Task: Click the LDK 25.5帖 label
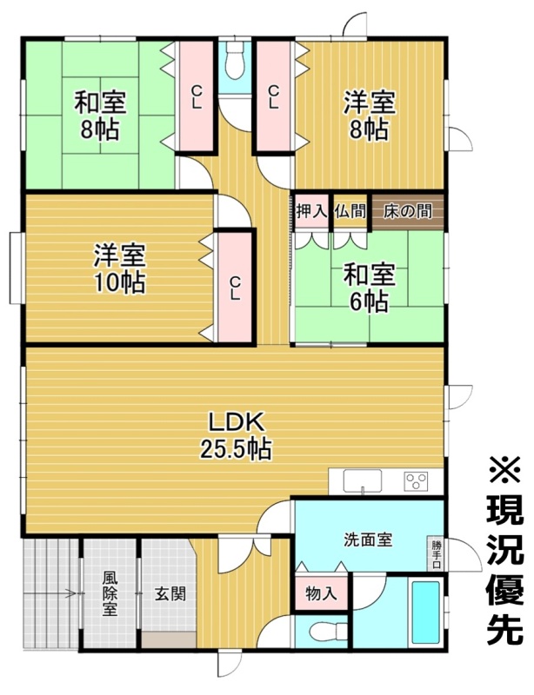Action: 237,436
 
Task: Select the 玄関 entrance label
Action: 170,593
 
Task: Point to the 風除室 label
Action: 110,593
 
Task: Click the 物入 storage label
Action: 322,593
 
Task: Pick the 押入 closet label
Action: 311,211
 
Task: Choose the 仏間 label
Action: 350,211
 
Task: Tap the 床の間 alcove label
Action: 408,211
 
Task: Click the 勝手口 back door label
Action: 437,553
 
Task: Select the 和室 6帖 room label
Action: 370,288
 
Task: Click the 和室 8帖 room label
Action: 100,115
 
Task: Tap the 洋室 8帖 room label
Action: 370,115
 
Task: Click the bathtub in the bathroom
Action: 425,612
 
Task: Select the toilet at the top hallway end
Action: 234,61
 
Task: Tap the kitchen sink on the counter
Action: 362,481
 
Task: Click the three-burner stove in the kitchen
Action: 416,481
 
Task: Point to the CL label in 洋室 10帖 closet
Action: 235,288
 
